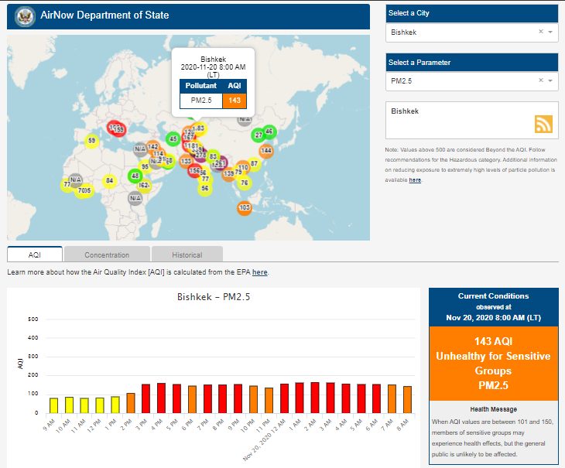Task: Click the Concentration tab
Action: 107,254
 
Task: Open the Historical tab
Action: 187,254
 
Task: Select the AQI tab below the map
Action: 34,254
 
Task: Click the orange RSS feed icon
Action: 543,124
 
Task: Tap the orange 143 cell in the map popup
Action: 234,100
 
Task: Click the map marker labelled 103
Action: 245,207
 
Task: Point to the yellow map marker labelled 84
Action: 110,180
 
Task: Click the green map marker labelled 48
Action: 135,176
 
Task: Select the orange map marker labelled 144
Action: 266,150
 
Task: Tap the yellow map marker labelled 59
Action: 92,141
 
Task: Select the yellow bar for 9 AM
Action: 54,405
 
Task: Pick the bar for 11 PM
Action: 269,400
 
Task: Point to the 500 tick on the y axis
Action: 33,319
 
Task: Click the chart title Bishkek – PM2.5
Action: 213,296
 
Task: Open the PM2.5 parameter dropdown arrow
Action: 550,80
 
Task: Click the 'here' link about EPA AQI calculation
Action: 259,272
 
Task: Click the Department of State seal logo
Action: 24,15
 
